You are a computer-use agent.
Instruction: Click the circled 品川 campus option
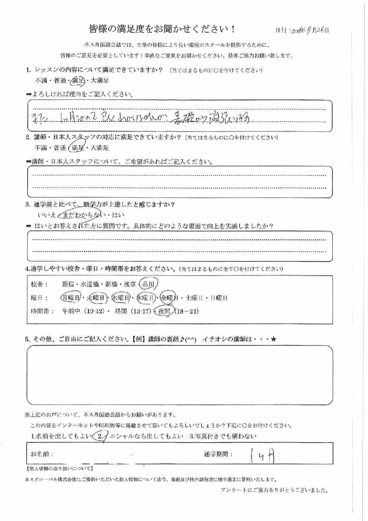tap(148, 284)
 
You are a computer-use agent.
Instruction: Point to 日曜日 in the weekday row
tap(219, 298)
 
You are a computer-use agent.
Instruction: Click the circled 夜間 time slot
tap(164, 311)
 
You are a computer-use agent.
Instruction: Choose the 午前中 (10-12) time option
tap(83, 311)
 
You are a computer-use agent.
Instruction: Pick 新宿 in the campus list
tap(68, 284)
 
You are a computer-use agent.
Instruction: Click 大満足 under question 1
tap(100, 80)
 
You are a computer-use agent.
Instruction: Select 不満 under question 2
tap(41, 148)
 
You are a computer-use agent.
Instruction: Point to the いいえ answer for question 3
tap(47, 215)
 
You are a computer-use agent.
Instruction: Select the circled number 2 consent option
tap(101, 436)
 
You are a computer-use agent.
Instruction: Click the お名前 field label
tap(42, 454)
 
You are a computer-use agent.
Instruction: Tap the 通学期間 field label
tap(218, 454)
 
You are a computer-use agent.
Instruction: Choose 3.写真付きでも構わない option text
tap(223, 436)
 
